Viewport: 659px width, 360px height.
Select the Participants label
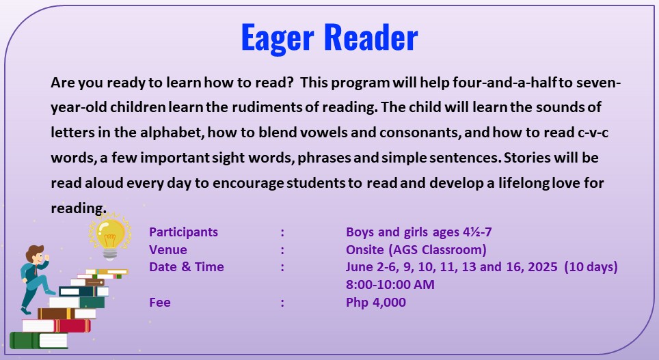click(x=183, y=232)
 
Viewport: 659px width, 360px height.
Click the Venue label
click(x=167, y=249)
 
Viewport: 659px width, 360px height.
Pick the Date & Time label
click(x=186, y=267)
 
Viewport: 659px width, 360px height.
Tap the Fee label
click(x=159, y=302)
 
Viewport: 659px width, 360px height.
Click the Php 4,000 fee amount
click(x=376, y=302)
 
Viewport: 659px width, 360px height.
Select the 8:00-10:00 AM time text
click(x=390, y=284)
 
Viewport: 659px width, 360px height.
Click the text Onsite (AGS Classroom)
click(x=416, y=249)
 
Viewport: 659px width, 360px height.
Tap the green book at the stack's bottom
click(x=38, y=340)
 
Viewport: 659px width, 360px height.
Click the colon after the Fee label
click(x=282, y=302)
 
